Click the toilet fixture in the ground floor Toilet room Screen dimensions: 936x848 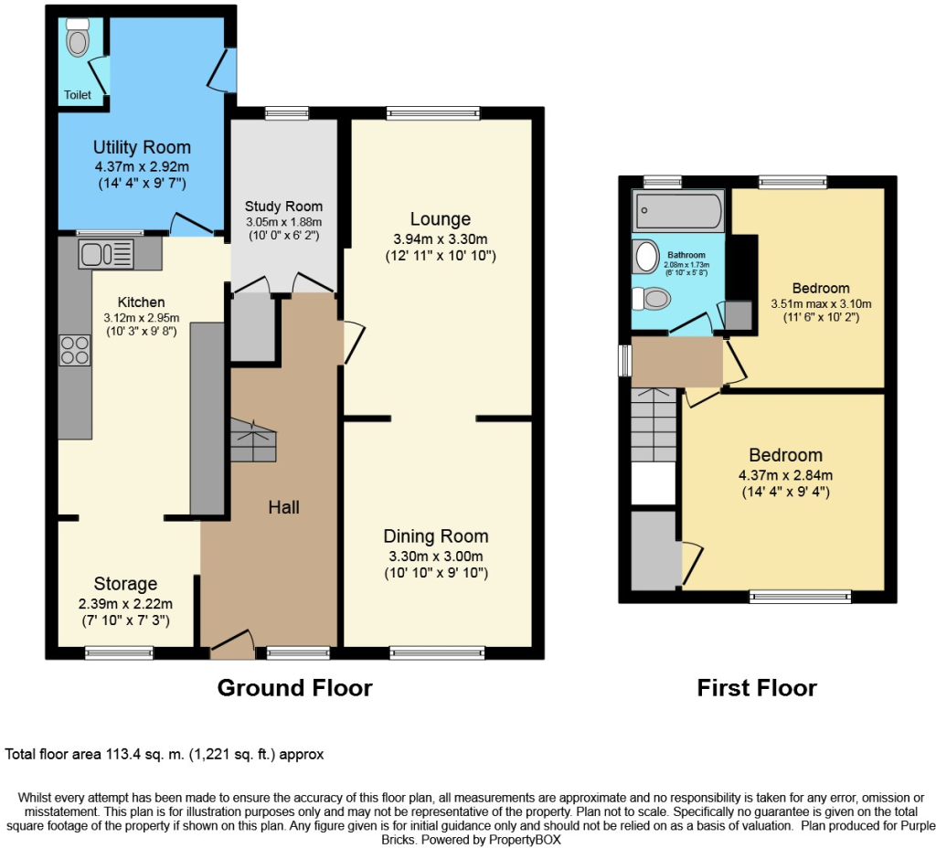[x=78, y=37]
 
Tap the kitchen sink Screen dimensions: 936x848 [x=106, y=254]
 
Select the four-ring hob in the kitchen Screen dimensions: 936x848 [x=75, y=350]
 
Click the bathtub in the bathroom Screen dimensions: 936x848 [x=678, y=211]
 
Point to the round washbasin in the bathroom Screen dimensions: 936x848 [x=646, y=256]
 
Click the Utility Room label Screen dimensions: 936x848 [x=142, y=147]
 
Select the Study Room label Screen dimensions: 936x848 [x=283, y=207]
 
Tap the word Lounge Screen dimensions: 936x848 [x=441, y=219]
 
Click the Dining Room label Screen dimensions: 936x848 [x=436, y=535]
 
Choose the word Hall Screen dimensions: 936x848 [x=283, y=507]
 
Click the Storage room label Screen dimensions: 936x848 [x=125, y=584]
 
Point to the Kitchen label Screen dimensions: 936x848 [x=141, y=302]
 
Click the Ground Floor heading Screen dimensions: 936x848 [x=295, y=687]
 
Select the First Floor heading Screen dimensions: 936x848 [x=757, y=687]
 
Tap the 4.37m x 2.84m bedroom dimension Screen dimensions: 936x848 [x=785, y=475]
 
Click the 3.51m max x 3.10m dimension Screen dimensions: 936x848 [x=821, y=303]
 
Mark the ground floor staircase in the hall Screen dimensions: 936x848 [x=254, y=440]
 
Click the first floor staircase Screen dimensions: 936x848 [x=654, y=424]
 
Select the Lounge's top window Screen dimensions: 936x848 [x=433, y=113]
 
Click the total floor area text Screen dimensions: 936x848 [x=165, y=754]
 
